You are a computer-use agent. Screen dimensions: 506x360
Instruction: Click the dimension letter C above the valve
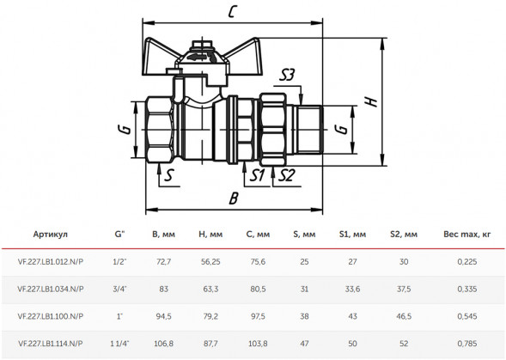pos(233,12)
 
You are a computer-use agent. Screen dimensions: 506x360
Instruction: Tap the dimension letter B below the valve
pos(234,198)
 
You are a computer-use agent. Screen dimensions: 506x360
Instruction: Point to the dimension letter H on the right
pos(371,101)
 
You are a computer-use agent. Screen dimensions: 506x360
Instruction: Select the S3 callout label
pos(287,76)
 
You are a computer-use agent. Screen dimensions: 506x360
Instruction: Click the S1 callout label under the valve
pos(257,175)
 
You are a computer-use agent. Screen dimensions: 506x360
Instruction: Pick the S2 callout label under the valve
pos(286,175)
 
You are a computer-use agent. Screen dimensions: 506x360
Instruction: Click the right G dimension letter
pos(341,129)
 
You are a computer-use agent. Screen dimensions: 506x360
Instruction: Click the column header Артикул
pos(51,234)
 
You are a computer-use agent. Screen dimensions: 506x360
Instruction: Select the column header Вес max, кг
pos(467,234)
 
